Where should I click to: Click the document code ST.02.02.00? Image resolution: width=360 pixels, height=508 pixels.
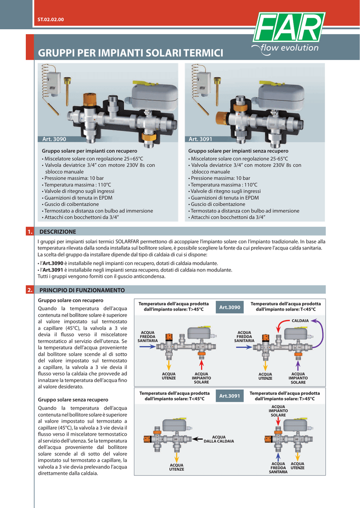(51, 19)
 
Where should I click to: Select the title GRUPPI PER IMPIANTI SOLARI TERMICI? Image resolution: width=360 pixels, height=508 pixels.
(131, 53)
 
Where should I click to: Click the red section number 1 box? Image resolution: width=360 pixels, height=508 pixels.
(30, 232)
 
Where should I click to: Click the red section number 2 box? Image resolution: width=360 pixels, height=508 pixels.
(30, 290)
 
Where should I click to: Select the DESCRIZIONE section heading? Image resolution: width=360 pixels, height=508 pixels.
(58, 232)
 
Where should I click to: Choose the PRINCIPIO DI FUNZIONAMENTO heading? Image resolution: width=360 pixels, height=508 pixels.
(82, 290)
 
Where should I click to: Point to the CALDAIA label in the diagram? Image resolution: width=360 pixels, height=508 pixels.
(300, 321)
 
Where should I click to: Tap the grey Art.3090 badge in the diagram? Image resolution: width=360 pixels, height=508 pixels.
(229, 308)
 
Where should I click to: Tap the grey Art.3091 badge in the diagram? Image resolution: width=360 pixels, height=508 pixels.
(229, 396)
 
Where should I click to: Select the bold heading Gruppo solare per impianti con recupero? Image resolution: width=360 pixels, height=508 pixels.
(89, 150)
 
